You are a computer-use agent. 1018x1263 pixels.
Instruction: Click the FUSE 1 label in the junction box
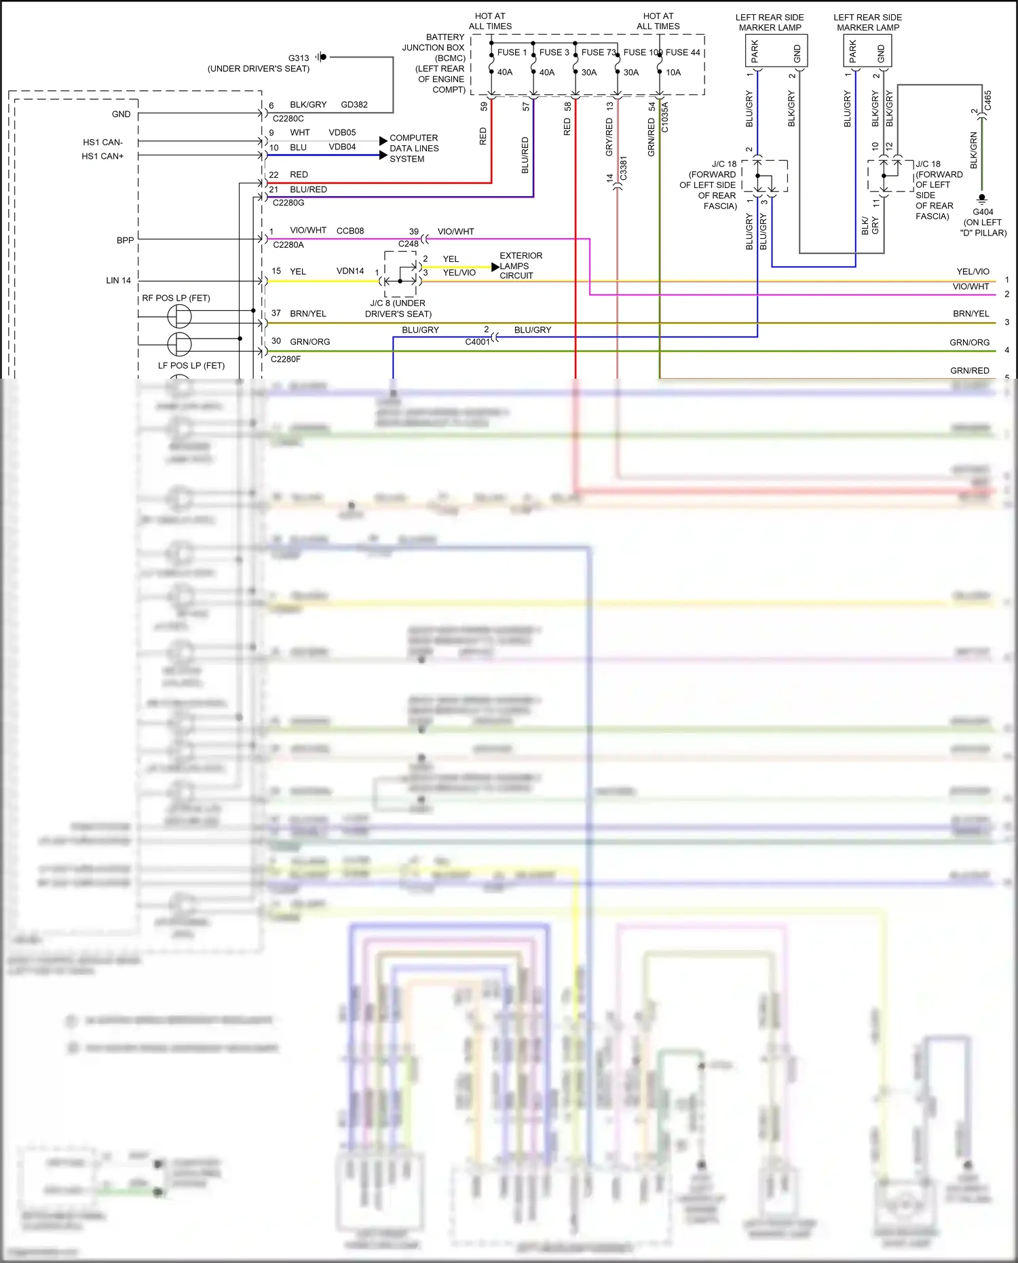point(512,52)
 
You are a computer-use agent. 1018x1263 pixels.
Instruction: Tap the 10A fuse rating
point(673,73)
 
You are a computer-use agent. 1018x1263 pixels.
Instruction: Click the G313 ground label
point(299,58)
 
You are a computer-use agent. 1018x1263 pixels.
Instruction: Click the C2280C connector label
point(288,119)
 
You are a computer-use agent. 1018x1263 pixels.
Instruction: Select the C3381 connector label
point(623,168)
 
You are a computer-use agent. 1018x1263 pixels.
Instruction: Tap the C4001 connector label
point(477,342)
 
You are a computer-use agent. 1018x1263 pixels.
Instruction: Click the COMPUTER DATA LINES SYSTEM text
point(414,148)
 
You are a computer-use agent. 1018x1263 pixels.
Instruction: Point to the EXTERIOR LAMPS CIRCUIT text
point(521,265)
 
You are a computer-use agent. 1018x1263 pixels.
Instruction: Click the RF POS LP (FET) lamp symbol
point(179,316)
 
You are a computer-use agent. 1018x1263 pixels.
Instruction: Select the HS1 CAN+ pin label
point(102,156)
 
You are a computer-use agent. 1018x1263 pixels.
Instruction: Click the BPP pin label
point(125,240)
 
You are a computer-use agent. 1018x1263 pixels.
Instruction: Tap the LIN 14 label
point(118,280)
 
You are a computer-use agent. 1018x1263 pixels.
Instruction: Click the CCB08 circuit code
point(350,231)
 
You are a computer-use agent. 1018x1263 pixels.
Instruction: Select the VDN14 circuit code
point(350,271)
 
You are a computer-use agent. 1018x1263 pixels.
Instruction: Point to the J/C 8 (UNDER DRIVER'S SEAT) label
point(398,308)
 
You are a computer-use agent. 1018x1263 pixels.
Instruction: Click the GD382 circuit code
point(354,105)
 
